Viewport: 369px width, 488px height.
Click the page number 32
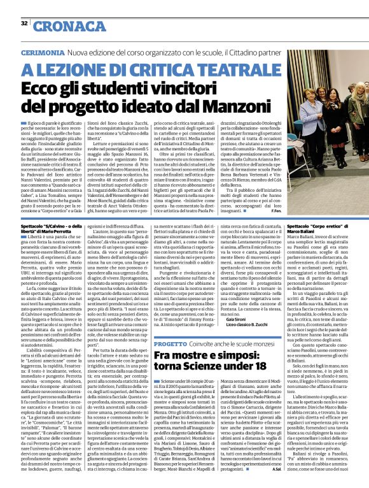[24, 23]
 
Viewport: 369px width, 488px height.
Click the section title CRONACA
[60, 26]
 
